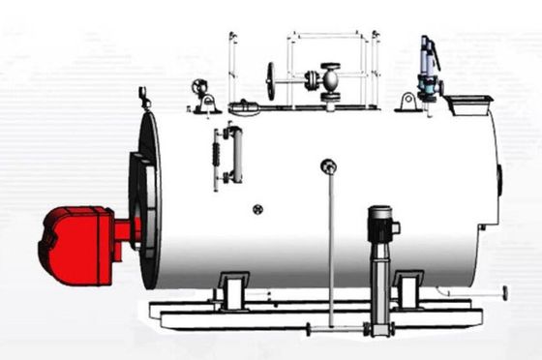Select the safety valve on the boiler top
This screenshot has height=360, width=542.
click(x=425, y=68)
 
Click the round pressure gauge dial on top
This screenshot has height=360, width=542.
click(x=201, y=86)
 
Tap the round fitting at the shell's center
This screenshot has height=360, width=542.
click(x=329, y=166)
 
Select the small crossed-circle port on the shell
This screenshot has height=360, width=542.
click(x=257, y=209)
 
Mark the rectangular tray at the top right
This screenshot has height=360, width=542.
click(x=469, y=103)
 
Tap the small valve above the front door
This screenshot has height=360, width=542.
click(x=145, y=97)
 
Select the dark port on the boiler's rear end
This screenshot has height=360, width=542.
click(x=499, y=179)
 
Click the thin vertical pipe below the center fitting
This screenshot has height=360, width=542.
click(x=330, y=252)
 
